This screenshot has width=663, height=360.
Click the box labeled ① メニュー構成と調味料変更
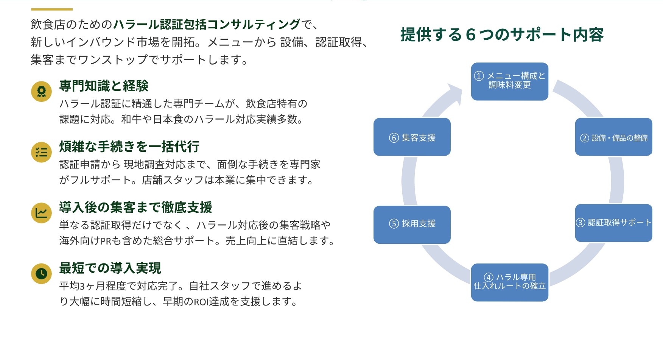pos(509,81)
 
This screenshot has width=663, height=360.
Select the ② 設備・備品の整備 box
pos(613,137)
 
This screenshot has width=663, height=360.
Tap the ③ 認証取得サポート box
pos(613,223)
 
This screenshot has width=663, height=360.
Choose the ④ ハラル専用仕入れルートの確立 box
pos(509,282)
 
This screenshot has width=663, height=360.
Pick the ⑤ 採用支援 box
pos(412,224)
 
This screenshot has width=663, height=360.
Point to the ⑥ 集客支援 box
pos(412,137)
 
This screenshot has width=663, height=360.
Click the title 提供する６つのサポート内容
pos(501,35)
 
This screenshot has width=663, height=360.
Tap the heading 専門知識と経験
pos(104,86)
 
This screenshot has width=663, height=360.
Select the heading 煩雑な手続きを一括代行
pos(129,146)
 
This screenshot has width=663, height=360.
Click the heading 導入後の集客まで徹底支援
pos(135,207)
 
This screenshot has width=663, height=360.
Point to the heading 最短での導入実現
pos(110,268)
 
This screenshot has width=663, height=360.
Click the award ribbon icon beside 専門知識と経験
pos(41,91)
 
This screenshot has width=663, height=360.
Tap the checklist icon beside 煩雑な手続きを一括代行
pos(41,152)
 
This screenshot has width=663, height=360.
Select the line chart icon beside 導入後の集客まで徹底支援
pos(41,213)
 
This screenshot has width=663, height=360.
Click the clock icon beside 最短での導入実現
pos(41,273)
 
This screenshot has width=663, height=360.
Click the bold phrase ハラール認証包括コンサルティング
pos(207,25)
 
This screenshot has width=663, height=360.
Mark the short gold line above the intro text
pos(51,9)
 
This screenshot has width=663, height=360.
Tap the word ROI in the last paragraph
pos(201,302)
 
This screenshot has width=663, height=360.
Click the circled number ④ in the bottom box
pos(489,277)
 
